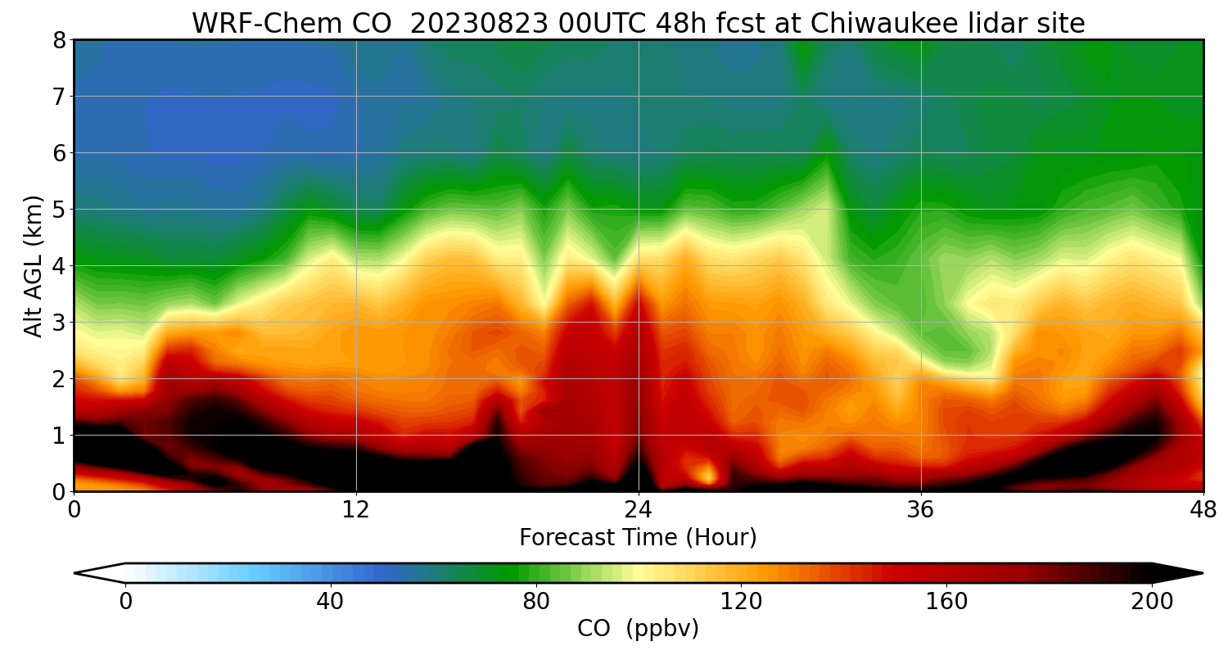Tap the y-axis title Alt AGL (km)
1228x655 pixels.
(x=34, y=266)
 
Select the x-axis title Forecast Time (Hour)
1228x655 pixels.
(x=638, y=538)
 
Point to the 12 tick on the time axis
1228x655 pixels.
(x=356, y=509)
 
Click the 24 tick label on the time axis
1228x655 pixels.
(x=639, y=509)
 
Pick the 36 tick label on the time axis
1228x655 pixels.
(x=921, y=509)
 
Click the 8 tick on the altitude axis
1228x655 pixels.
(x=58, y=40)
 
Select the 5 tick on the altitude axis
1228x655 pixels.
(x=58, y=210)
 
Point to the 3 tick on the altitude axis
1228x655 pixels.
(x=58, y=323)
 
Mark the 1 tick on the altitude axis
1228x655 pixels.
(x=58, y=436)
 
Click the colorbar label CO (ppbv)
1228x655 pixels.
(x=638, y=629)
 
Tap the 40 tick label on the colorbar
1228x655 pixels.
(x=331, y=602)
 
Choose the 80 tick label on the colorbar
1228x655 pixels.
(x=536, y=602)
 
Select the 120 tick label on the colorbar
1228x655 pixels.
(x=742, y=602)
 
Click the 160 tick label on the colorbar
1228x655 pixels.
(x=947, y=602)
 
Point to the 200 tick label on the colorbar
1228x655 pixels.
(x=1153, y=602)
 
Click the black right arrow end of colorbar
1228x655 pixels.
(x=1179, y=573)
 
